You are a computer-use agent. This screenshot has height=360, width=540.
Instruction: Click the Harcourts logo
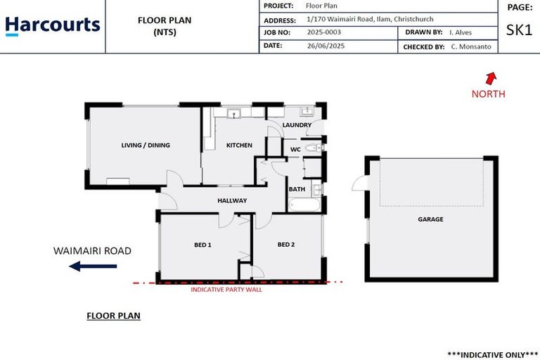[53, 26]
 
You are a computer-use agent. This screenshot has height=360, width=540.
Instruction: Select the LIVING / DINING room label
[146, 146]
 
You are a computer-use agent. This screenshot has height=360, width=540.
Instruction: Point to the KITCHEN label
[239, 146]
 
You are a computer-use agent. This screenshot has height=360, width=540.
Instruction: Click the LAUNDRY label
[297, 125]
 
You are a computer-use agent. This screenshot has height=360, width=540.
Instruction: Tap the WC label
[295, 149]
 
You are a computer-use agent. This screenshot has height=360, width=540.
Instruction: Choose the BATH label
[296, 189]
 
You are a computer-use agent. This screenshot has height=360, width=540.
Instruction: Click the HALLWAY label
[232, 200]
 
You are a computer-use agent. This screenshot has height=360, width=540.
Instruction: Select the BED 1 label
[203, 245]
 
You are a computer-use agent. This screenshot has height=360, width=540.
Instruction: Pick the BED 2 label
[285, 245]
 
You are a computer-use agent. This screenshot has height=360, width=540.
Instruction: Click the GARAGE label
[431, 219]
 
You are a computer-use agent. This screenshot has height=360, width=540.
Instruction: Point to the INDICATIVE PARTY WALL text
[226, 289]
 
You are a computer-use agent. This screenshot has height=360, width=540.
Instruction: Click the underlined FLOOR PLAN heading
[113, 316]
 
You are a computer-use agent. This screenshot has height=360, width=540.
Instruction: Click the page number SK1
[520, 31]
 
